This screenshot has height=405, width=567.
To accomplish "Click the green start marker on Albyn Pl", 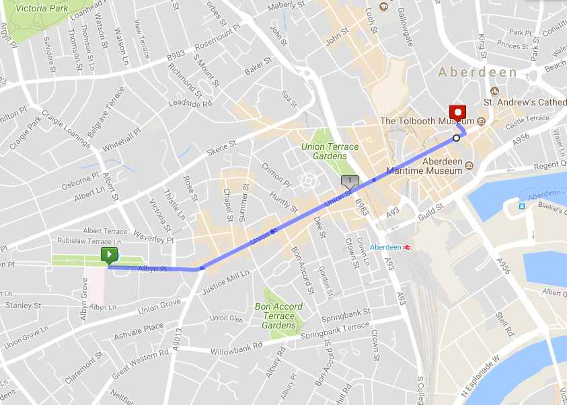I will (109, 255).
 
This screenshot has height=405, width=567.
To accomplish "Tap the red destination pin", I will (458, 112).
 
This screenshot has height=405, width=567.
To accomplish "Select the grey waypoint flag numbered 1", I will (350, 181).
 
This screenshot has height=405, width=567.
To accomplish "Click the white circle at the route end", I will (456, 138).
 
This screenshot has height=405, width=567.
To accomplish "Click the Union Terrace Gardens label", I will (330, 151).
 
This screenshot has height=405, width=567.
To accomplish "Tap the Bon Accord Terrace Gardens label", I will (278, 316).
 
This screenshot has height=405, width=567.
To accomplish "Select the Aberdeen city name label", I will (478, 72).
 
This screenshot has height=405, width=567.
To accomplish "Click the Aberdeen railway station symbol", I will (407, 247).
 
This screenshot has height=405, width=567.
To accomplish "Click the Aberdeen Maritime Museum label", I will (442, 166).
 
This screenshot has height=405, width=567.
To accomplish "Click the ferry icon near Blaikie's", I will (521, 204).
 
